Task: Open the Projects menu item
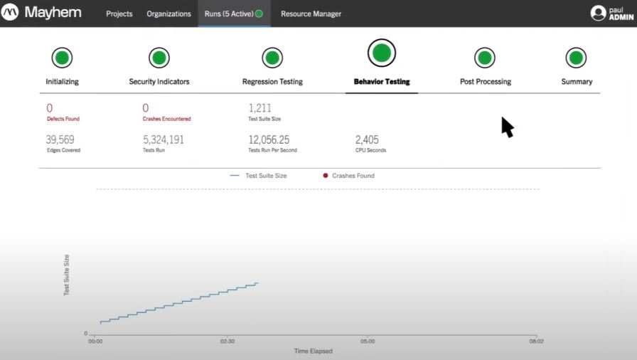(119, 14)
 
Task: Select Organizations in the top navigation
(168, 14)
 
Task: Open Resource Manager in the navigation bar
(311, 14)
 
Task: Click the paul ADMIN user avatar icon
(598, 13)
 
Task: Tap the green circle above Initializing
(62, 58)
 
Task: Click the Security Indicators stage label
(159, 82)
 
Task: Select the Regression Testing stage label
(272, 82)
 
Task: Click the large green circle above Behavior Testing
(382, 52)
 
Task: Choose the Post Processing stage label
(486, 82)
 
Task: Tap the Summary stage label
(577, 82)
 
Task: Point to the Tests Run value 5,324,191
(164, 139)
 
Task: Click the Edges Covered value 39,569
(60, 139)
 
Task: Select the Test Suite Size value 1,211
(260, 108)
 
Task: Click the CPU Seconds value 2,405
(368, 139)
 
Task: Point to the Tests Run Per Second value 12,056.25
(269, 139)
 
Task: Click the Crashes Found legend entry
(349, 176)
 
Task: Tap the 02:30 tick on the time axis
(227, 341)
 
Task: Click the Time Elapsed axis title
(314, 351)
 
